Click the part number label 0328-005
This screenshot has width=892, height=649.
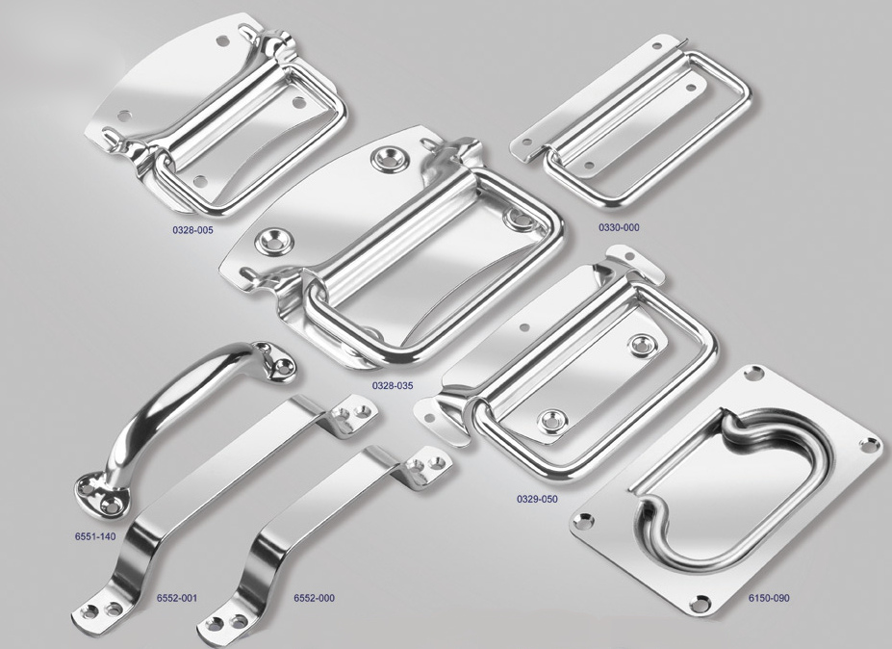point(192,231)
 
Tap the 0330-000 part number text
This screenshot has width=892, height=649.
point(619,227)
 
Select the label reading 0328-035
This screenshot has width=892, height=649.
point(393,386)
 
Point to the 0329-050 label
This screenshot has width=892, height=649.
point(537,500)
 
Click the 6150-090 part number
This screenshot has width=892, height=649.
point(769,598)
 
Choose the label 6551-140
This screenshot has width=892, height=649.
point(95,536)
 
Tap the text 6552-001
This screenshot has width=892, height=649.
point(176,598)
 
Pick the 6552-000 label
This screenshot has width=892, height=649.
point(314,598)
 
